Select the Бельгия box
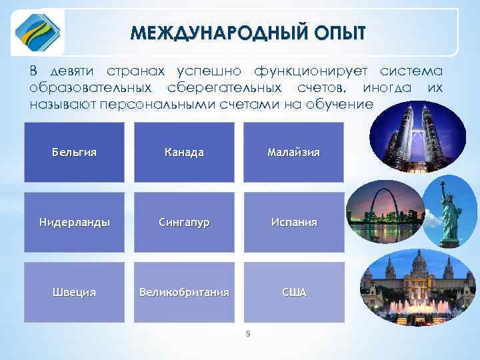pyautogui.click(x=74, y=152)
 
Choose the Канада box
pyautogui.click(x=184, y=152)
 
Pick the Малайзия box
pyautogui.click(x=293, y=152)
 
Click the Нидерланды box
pyautogui.click(x=74, y=222)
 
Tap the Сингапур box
pyautogui.click(x=184, y=222)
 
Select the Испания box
pyautogui.click(x=293, y=222)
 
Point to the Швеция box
pyautogui.click(x=74, y=292)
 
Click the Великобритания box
pyautogui.click(x=184, y=292)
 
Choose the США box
pyautogui.click(x=293, y=292)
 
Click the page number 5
pyautogui.click(x=247, y=334)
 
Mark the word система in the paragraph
pyautogui.click(x=411, y=71)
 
